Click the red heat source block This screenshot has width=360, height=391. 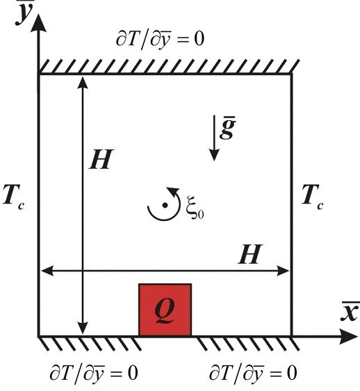tap(165, 310)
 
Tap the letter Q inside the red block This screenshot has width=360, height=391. tap(165, 310)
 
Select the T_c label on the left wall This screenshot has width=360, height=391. tap(13, 197)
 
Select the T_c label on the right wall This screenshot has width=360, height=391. tap(313, 197)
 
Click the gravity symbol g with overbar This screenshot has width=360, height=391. tap(227, 128)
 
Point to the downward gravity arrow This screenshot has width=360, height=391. tap(214, 138)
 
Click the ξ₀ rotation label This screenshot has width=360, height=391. tap(195, 207)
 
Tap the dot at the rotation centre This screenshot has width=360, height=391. tap(165, 206)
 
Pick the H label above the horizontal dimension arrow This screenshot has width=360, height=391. tap(250, 254)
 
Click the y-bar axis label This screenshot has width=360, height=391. tap(24, 13)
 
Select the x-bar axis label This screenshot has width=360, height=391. tap(350, 311)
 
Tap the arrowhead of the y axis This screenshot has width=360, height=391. tap(38, 22)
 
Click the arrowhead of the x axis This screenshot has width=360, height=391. tap(349, 336)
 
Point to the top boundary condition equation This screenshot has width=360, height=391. tap(160, 40)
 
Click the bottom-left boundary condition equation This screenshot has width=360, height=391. tap(94, 374)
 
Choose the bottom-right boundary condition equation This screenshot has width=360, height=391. tap(253, 374)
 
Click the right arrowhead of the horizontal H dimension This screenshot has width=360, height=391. tap(283, 271)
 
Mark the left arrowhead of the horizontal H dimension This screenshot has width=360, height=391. tap(47, 271)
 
